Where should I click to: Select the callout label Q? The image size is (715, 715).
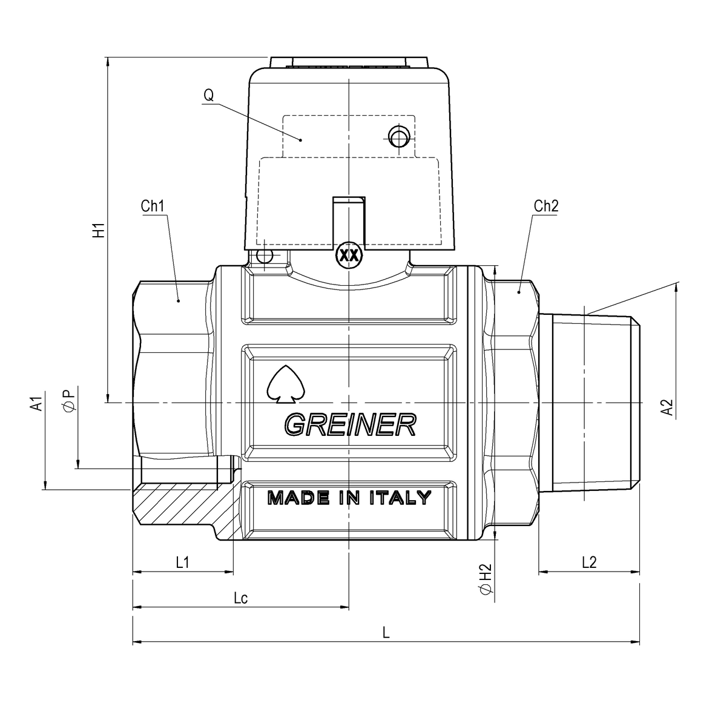click(208, 95)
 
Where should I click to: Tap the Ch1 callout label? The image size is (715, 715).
click(153, 206)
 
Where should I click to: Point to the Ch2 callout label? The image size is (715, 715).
click(545, 206)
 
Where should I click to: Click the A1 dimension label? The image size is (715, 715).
click(37, 404)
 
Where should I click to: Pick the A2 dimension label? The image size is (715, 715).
click(667, 407)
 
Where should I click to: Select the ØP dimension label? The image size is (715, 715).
click(69, 400)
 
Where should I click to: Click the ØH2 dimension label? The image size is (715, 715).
click(486, 580)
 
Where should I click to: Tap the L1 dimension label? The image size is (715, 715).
click(182, 562)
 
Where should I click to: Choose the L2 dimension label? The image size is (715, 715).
click(588, 562)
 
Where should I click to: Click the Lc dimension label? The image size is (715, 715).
click(240, 598)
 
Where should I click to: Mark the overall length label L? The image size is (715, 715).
click(386, 633)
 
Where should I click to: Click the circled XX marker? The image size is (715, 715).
click(348, 255)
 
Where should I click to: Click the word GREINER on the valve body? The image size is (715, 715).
click(350, 425)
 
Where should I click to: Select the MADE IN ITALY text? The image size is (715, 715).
click(349, 498)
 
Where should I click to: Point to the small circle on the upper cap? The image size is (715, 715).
click(398, 137)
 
